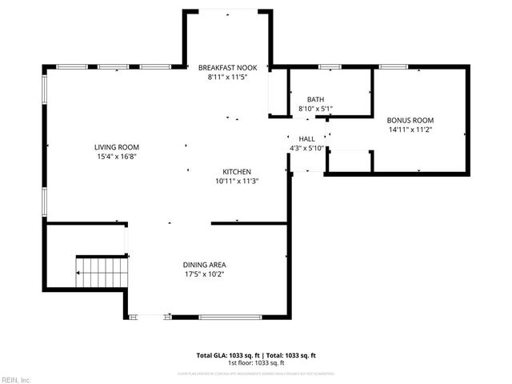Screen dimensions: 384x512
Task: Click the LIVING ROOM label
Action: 117,147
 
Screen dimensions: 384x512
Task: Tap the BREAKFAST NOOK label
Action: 228,69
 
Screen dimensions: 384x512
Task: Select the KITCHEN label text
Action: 237,172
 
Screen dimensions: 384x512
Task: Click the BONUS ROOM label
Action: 410,120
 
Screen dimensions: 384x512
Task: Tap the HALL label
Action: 307,138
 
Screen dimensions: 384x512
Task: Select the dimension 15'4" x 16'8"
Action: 117,157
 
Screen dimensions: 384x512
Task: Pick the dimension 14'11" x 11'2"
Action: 410,130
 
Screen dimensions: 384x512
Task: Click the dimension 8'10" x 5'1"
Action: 315,109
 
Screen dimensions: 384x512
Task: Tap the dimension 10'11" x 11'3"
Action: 237,182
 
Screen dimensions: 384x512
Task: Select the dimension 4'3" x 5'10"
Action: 306,148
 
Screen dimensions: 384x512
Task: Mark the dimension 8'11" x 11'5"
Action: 228,78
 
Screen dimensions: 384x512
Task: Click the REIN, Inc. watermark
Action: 15,379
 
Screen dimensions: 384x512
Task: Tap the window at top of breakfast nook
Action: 228,11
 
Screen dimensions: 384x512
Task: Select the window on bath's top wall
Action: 330,66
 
